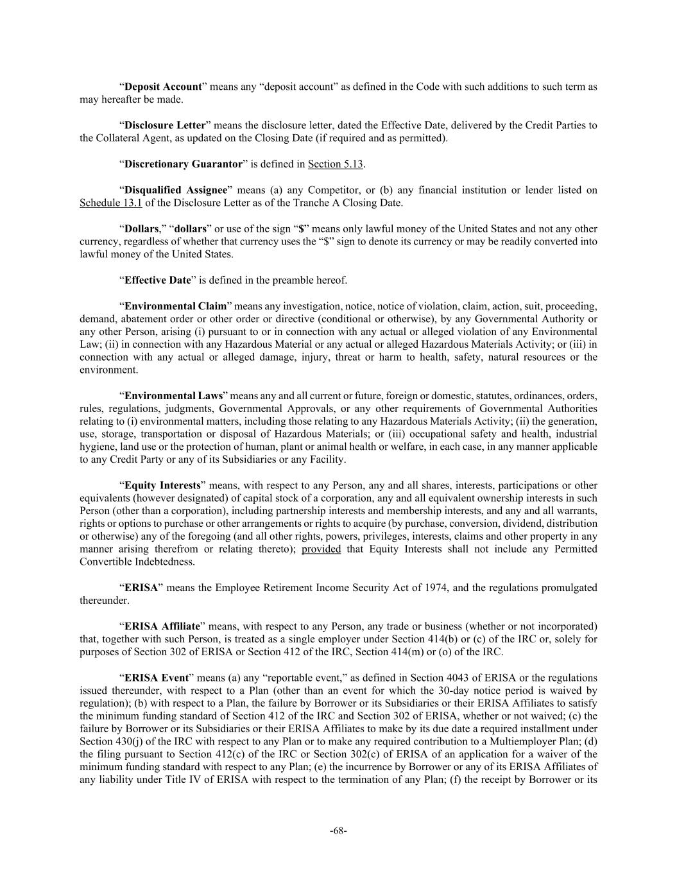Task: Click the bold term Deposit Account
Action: [x=163, y=87]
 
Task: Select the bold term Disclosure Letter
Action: [x=165, y=125]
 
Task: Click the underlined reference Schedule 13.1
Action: [x=110, y=203]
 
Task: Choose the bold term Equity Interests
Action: [x=162, y=485]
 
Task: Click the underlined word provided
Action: [x=321, y=549]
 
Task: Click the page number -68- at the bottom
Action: [x=338, y=831]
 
